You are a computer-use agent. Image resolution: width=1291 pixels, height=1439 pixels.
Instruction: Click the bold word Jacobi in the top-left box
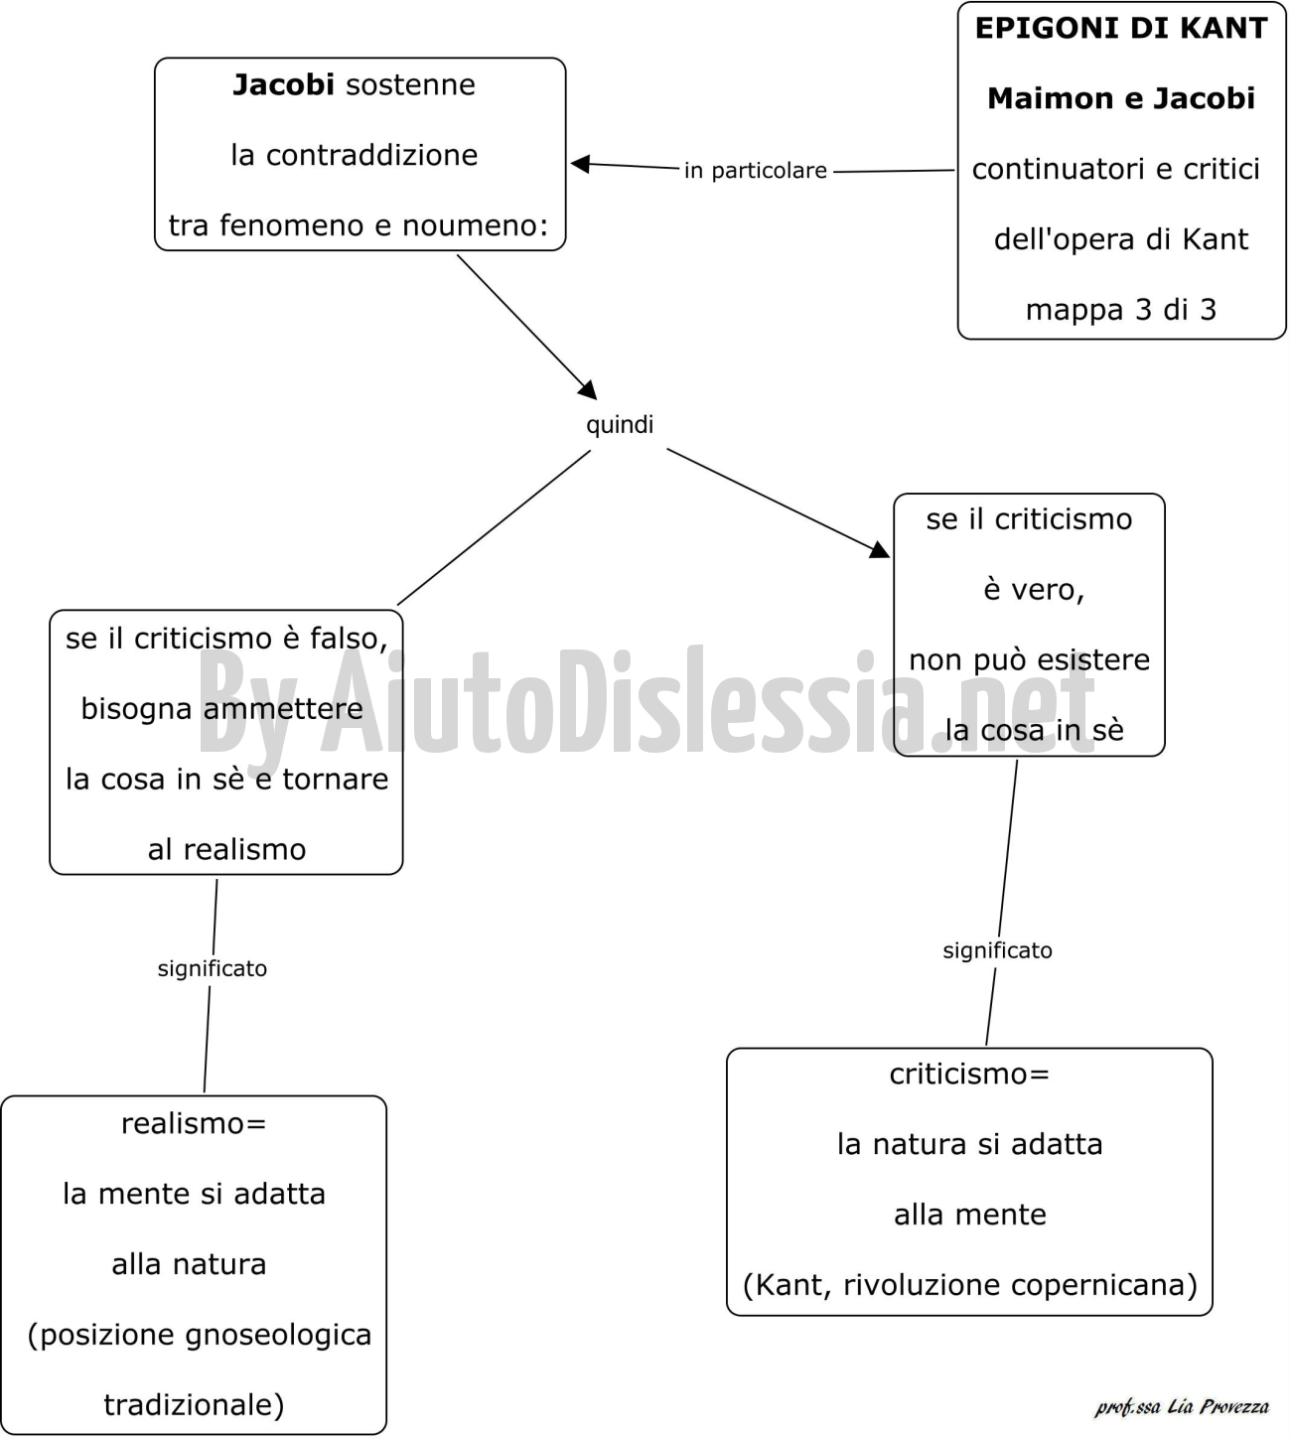pos(283,85)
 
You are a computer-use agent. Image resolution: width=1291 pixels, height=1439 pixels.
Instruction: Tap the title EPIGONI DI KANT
pos(1120,29)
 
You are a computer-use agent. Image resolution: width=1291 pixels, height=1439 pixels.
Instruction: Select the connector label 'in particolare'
pos(756,171)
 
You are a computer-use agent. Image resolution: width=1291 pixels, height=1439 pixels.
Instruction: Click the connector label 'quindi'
pos(620,425)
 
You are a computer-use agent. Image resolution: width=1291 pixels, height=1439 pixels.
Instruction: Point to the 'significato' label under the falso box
pos(213,968)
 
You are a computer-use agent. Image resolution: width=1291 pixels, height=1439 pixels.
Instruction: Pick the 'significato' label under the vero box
pos(997,950)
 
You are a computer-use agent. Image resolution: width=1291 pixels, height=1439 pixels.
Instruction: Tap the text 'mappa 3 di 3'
pos(1120,310)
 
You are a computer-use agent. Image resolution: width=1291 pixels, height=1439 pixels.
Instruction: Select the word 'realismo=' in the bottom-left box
pos(193,1123)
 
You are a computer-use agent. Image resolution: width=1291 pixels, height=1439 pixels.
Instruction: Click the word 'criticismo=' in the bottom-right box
pos(968,1074)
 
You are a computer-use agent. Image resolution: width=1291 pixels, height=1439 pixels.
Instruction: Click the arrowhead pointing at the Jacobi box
pos(580,164)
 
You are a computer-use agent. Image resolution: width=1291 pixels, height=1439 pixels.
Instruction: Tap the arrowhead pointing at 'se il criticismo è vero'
pos(880,549)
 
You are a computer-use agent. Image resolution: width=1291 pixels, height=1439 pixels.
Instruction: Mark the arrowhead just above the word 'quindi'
pos(588,390)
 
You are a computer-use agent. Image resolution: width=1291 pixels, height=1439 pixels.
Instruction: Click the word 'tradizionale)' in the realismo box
pos(194,1404)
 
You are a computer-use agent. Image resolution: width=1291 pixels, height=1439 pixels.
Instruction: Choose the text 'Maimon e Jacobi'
pos(1120,98)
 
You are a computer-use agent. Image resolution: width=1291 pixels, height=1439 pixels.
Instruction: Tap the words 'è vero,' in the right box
pos(1033,590)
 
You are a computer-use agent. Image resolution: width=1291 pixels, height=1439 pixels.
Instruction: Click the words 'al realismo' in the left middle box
pos(226,849)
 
